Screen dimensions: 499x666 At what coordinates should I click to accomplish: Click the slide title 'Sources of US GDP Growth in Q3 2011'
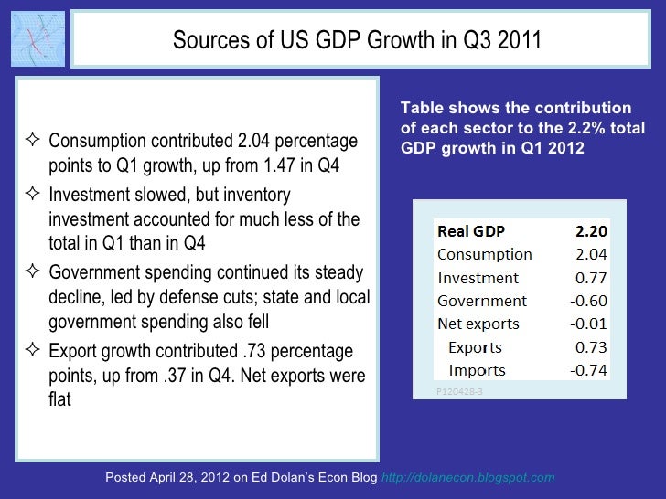pyautogui.click(x=357, y=41)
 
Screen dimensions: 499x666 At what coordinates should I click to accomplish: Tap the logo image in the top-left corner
pyautogui.click(x=38, y=40)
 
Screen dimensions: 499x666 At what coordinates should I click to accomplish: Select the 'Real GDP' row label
pyautogui.click(x=471, y=230)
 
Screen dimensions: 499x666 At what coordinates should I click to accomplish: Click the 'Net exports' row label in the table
pyautogui.click(x=478, y=324)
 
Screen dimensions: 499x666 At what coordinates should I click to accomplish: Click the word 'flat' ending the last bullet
pyautogui.click(x=59, y=399)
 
